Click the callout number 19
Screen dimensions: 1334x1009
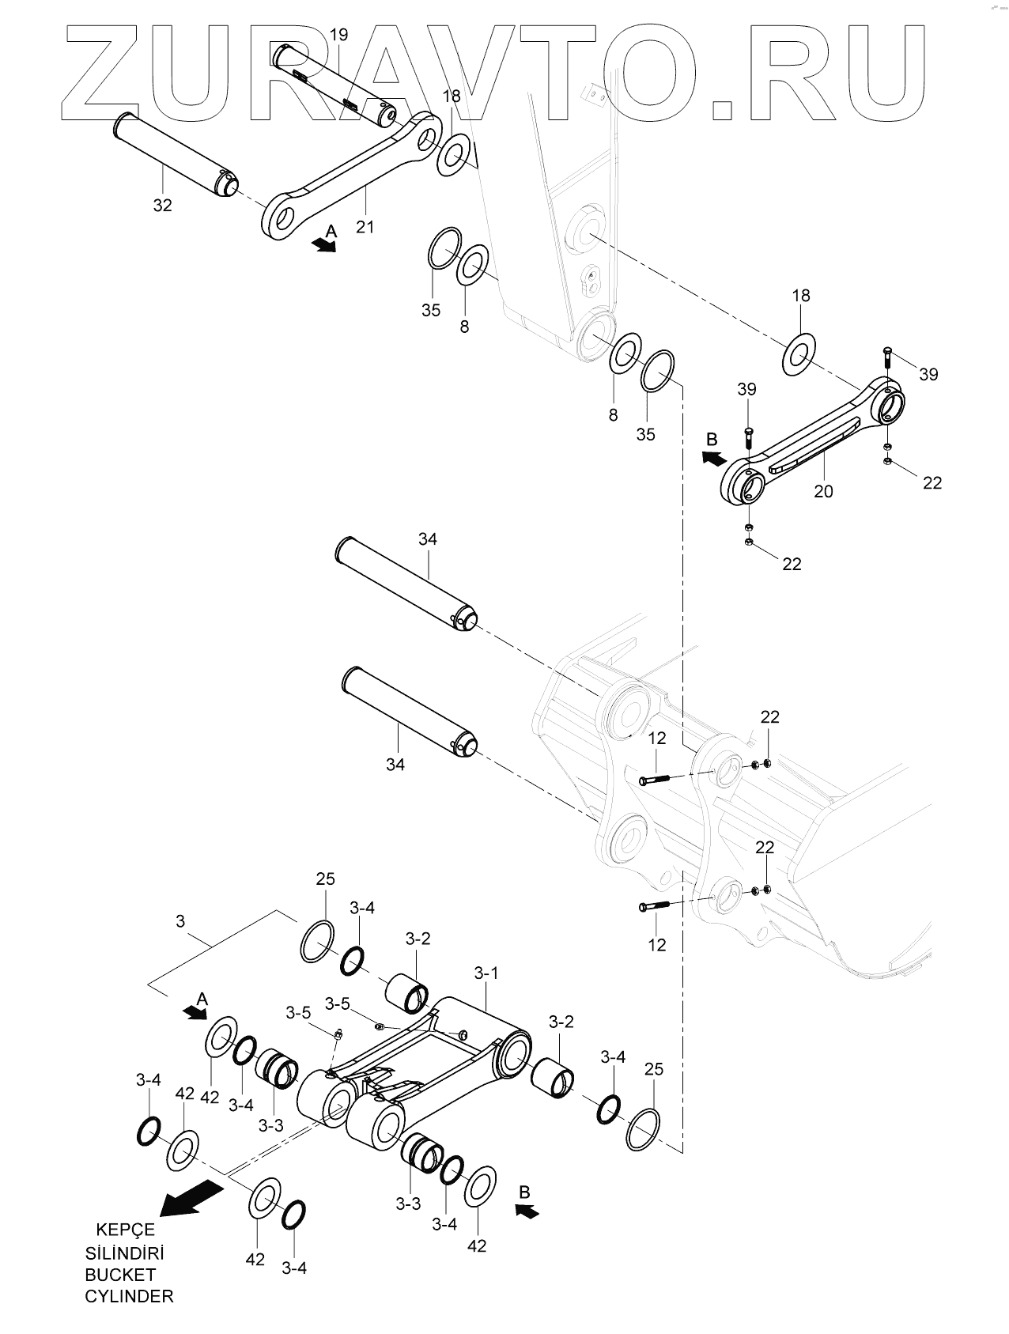pos(338,35)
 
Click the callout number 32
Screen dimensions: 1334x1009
pos(162,205)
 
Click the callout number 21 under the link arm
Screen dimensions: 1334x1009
pos(365,227)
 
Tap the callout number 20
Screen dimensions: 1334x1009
pos(823,491)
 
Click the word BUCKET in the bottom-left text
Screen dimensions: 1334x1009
pos(120,1274)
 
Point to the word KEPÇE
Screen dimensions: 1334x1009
pos(125,1230)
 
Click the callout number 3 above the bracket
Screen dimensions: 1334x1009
pos(180,921)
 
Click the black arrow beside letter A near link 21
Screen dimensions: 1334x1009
pos(323,245)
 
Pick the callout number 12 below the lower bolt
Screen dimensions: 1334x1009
pos(657,944)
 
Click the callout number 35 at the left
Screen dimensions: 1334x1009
pos(431,310)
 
